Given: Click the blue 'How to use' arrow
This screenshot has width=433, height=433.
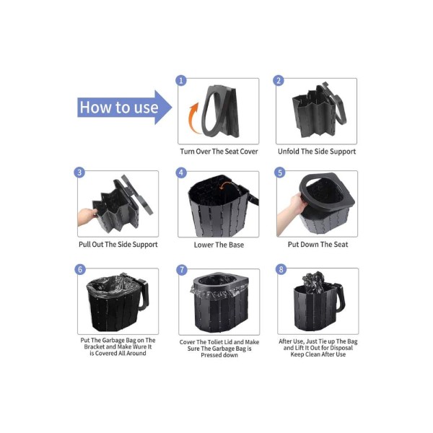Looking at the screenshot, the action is tap(124, 107).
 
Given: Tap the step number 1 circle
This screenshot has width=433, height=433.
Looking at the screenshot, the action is tap(181, 81).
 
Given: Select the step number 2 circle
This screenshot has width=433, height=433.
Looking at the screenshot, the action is tap(279, 81).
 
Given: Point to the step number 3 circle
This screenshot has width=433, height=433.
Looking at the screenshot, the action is tap(79, 172).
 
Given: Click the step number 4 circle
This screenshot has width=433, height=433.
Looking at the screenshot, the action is tap(181, 173).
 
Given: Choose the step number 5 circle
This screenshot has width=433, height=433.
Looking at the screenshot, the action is tap(280, 172).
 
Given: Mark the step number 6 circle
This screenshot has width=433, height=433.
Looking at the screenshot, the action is tap(80, 269).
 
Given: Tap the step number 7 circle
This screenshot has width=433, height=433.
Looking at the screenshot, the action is tap(182, 270).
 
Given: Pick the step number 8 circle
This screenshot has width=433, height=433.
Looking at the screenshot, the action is tap(281, 269).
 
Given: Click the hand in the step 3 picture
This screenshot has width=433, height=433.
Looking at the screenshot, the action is tap(87, 216).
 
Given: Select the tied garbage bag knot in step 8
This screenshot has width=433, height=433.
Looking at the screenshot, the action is tap(313, 279).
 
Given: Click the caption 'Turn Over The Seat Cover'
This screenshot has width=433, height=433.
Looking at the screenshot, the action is tap(219, 152).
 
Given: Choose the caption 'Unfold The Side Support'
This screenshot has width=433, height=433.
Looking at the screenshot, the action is tap(317, 152).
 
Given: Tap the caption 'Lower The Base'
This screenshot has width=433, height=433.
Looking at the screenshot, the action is tap(219, 245).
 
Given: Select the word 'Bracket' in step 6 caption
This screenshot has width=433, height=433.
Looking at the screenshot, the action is tap(95, 347).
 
